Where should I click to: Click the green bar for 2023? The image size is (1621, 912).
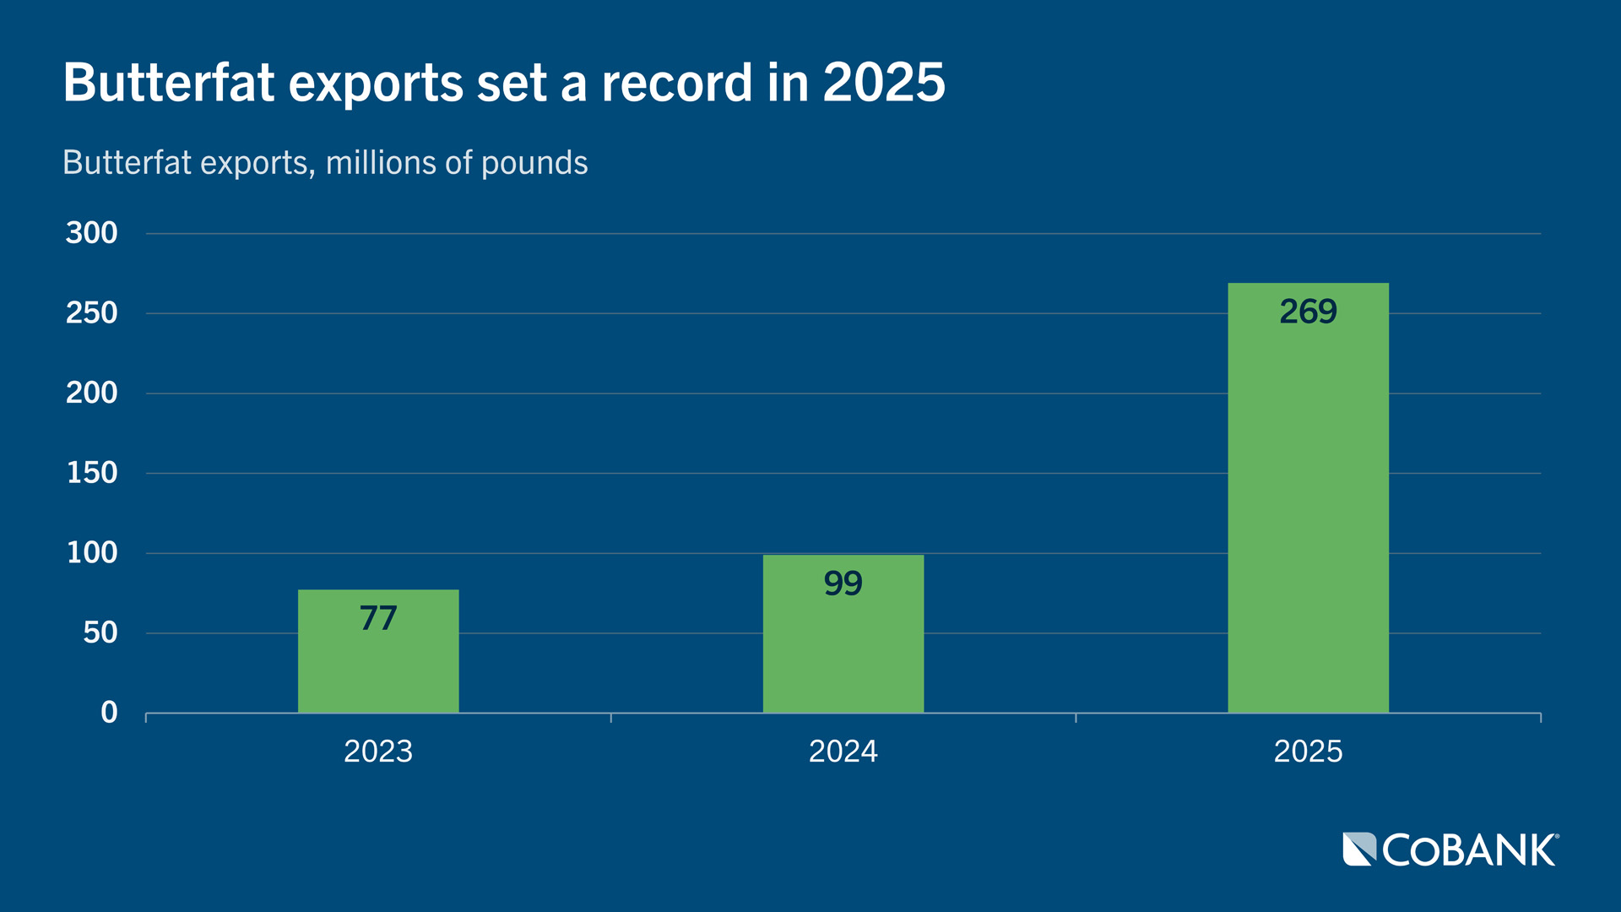[x=378, y=667]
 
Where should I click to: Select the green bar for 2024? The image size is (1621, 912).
[x=843, y=650]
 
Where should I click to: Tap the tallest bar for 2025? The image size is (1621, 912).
[x=1308, y=507]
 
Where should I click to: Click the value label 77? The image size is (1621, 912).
[x=378, y=618]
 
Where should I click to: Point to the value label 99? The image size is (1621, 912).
[x=843, y=584]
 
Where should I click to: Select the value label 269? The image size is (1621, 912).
[x=1308, y=312]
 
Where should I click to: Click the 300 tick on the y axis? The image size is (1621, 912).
[x=92, y=233]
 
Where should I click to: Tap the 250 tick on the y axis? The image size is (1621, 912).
[x=92, y=313]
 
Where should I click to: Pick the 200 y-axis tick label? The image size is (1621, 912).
[x=92, y=393]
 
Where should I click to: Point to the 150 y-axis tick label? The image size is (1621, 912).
[x=92, y=473]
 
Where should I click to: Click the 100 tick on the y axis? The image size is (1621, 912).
[x=92, y=553]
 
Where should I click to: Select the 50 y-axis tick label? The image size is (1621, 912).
[x=100, y=632]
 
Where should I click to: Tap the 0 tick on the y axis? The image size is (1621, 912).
[x=109, y=713]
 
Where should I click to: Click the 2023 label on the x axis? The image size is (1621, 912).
[x=378, y=752]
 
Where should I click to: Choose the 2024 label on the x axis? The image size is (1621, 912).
[x=843, y=752]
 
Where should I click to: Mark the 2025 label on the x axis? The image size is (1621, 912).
[x=1308, y=752]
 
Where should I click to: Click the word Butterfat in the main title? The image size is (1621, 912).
[x=169, y=83]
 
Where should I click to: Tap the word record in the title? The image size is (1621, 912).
[x=676, y=83]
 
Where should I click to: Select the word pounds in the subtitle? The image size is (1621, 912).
[x=534, y=163]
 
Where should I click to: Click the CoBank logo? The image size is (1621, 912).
[x=1450, y=850]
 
